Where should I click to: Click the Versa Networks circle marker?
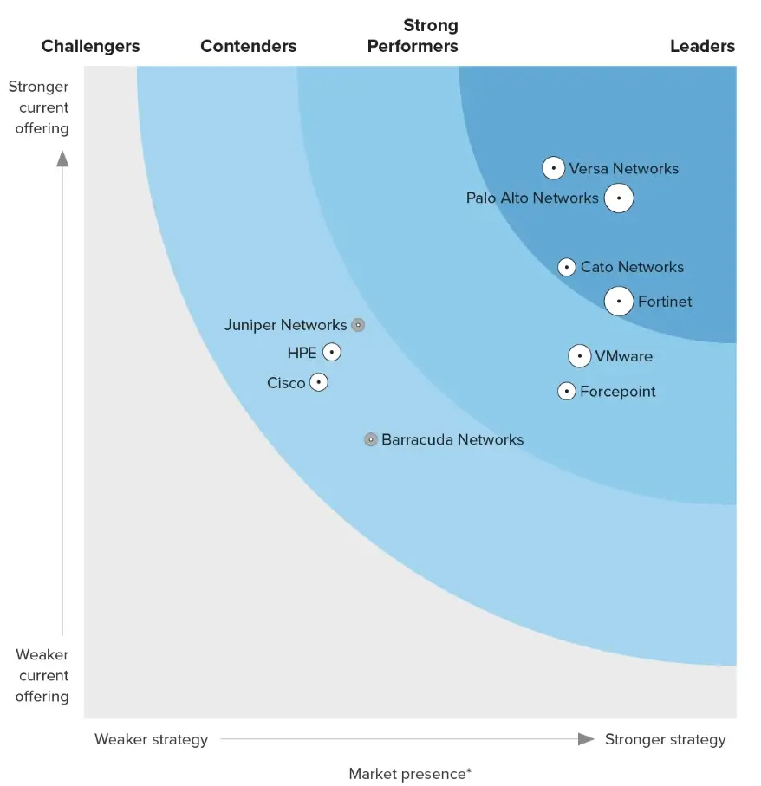click(554, 168)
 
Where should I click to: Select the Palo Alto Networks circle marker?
click(618, 198)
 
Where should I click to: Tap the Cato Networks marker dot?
click(566, 267)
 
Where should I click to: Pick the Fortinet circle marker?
click(618, 302)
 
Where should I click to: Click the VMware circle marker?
click(580, 356)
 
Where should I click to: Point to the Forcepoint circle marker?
click(566, 392)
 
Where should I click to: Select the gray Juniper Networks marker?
click(358, 325)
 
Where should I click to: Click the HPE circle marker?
click(331, 353)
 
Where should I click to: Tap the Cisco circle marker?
click(319, 382)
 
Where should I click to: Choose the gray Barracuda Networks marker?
click(370, 439)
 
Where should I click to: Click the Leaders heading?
click(702, 47)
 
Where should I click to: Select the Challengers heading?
click(90, 47)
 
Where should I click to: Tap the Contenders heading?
click(248, 47)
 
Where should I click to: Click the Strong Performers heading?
click(413, 36)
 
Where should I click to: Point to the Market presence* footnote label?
click(410, 774)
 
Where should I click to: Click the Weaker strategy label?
click(151, 739)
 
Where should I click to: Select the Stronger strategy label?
click(665, 739)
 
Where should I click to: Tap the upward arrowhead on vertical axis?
click(62, 158)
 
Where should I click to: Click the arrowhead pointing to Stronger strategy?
click(587, 739)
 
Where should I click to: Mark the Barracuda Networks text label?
click(452, 439)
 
